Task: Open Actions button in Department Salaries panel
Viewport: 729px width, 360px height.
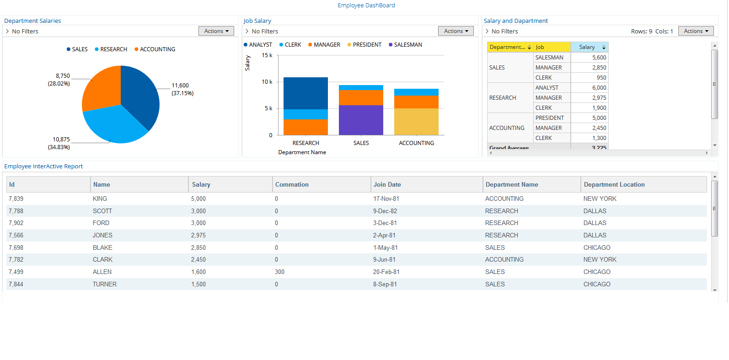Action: (216, 31)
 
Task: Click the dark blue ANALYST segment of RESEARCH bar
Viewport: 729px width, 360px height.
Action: (306, 93)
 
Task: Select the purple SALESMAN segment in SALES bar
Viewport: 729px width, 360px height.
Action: (361, 120)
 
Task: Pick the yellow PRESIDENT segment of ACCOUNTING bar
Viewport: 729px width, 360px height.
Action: (416, 122)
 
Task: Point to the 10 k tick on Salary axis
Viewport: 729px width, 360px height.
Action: (267, 82)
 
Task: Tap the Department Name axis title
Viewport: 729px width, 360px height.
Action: (302, 152)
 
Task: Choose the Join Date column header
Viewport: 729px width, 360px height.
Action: (387, 185)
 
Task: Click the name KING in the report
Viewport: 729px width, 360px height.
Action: (100, 199)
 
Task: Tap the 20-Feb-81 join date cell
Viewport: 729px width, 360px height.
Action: (386, 272)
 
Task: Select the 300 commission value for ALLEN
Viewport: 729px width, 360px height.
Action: (279, 272)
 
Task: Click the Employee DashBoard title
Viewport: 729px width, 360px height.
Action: (366, 5)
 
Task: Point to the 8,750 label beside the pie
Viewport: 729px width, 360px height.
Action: (63, 76)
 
